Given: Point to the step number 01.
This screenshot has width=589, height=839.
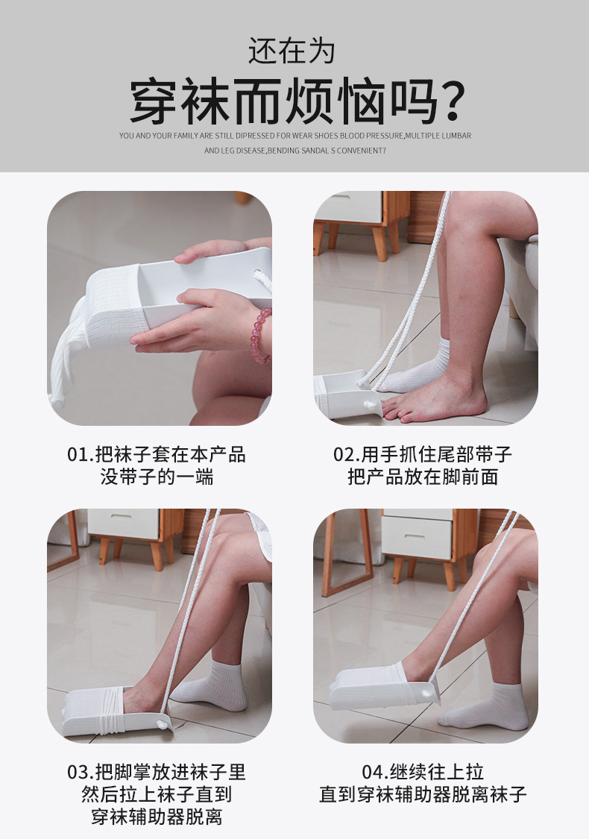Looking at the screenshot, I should pyautogui.click(x=79, y=454).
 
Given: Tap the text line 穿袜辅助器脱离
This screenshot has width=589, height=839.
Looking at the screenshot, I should pyautogui.click(x=157, y=817).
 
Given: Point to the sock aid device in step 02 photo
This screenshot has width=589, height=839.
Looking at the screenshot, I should pyautogui.click(x=347, y=395).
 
